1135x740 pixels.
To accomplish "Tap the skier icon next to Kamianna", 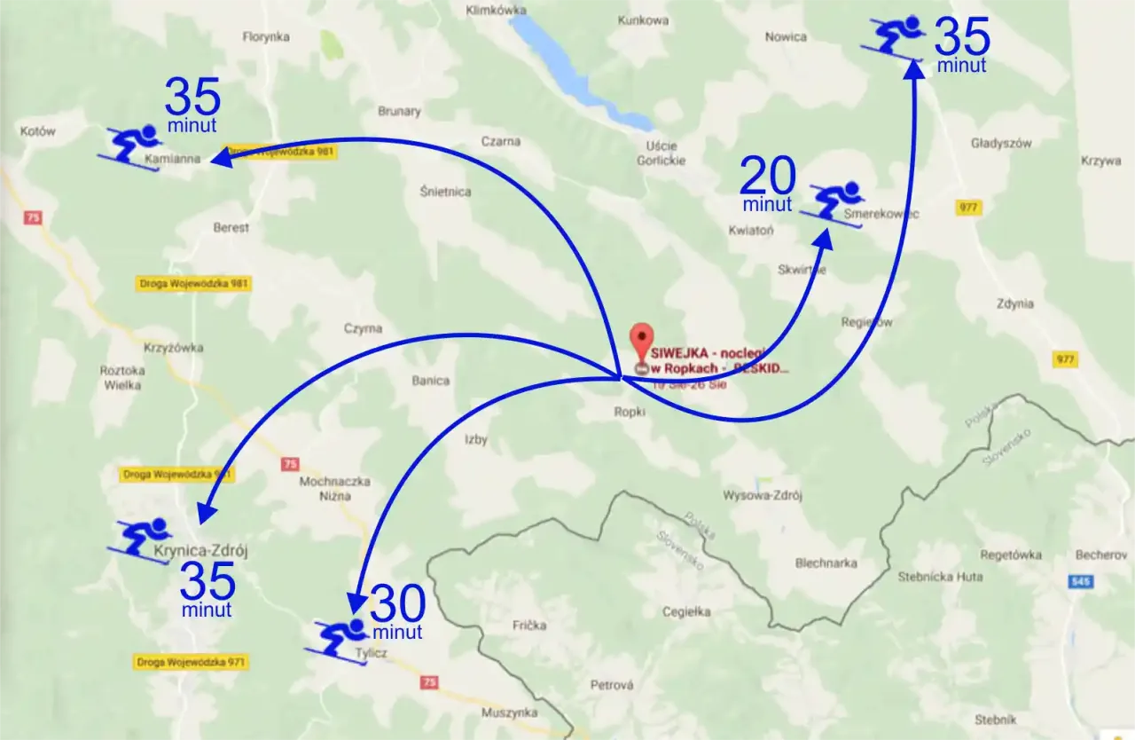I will point(134,146).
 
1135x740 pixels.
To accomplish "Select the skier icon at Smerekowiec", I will point(834,203).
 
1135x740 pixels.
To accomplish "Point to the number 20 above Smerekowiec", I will point(767,177).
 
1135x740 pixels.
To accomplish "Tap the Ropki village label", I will point(630,412).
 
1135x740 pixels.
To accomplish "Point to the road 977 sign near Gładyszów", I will point(968,208).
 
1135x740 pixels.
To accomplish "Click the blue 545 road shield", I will point(1080,581).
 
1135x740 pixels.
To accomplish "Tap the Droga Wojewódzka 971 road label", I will point(192,662).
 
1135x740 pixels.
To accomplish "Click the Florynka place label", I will point(266,37).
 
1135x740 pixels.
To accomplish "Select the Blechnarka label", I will point(826,563).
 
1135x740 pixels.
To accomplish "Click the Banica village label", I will point(430,382).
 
